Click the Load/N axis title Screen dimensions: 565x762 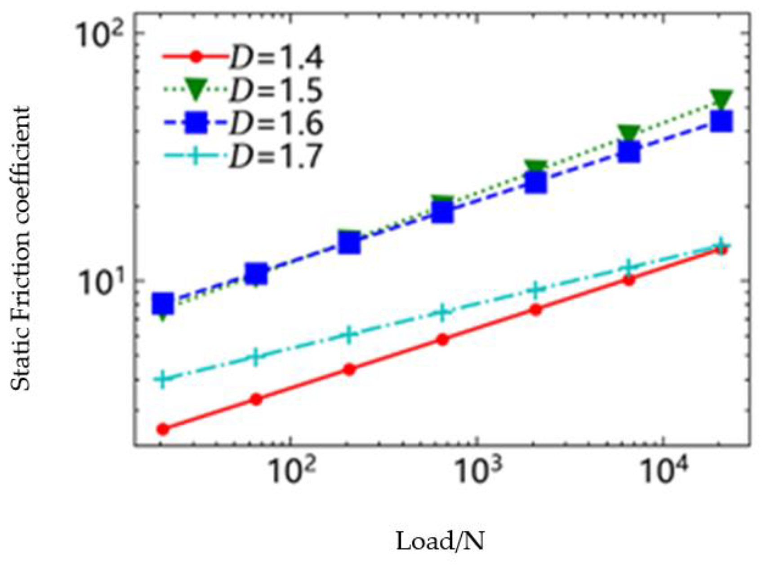(440, 541)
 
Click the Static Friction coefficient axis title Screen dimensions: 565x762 (20, 249)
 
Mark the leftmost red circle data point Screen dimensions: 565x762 (163, 429)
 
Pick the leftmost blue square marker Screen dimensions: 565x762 (163, 304)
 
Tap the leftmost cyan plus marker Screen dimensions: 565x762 (163, 379)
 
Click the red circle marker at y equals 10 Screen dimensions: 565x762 (629, 280)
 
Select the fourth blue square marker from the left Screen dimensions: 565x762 (443, 212)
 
